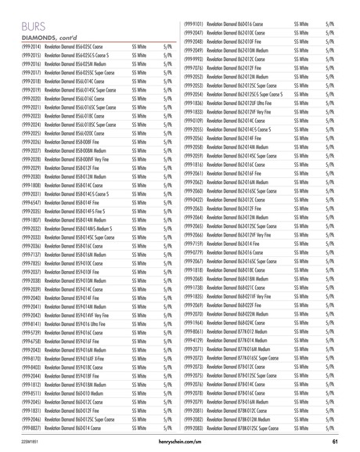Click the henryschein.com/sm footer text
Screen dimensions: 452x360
coord(181,444)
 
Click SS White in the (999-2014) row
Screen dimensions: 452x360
coord(140,48)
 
